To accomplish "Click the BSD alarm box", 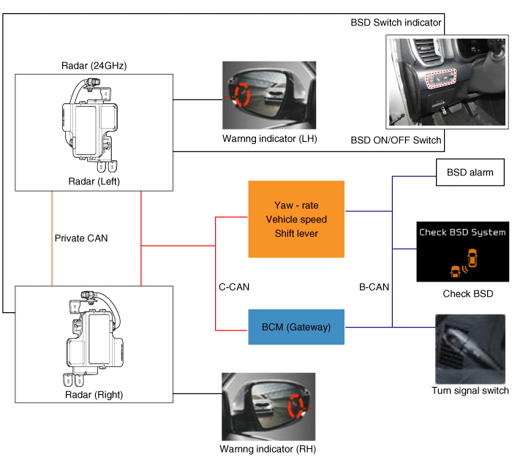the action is tap(470, 173).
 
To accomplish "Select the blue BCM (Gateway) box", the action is tap(296, 327).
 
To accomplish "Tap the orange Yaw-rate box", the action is tap(296, 219).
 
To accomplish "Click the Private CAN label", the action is tap(81, 238).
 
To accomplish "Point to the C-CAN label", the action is tap(234, 287).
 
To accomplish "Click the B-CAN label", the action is tap(374, 287).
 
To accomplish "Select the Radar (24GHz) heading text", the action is tap(94, 66).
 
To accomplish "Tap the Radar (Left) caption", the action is tap(94, 181).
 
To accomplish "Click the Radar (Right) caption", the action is tap(94, 395).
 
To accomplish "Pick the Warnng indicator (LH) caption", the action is tap(270, 139).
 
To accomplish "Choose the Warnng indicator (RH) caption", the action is tap(268, 449).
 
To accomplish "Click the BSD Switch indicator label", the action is tap(396, 23).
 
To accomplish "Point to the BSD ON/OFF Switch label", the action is tap(396, 140).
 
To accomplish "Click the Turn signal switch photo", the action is tap(470, 350).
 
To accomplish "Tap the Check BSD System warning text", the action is tap(462, 232).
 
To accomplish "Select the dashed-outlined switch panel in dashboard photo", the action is tap(441, 79).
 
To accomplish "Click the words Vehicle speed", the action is tap(296, 219).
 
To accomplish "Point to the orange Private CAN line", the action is tap(52, 238).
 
